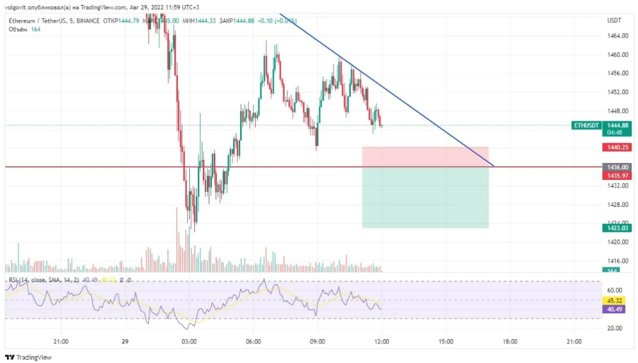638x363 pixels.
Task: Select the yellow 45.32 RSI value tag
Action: (x=613, y=301)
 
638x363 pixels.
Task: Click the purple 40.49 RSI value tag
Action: (x=613, y=309)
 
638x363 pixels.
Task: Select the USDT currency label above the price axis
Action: (x=613, y=21)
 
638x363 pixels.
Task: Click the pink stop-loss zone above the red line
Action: (x=425, y=157)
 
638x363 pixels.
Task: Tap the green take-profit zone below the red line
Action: (x=425, y=198)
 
